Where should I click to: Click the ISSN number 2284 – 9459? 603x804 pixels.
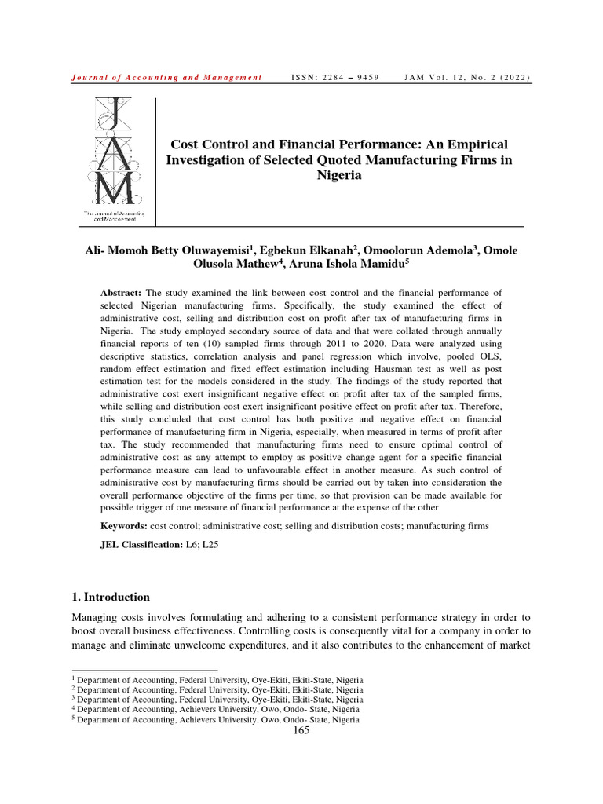point(335,78)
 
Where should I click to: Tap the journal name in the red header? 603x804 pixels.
point(166,78)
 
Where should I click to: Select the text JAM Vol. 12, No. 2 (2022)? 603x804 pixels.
point(466,78)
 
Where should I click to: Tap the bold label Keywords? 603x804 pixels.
point(124,525)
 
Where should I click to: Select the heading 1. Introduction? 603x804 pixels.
point(111,597)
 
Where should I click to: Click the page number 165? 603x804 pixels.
point(301,730)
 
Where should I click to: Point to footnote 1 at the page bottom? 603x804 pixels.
point(217,678)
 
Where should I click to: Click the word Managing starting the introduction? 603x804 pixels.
point(96,617)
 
